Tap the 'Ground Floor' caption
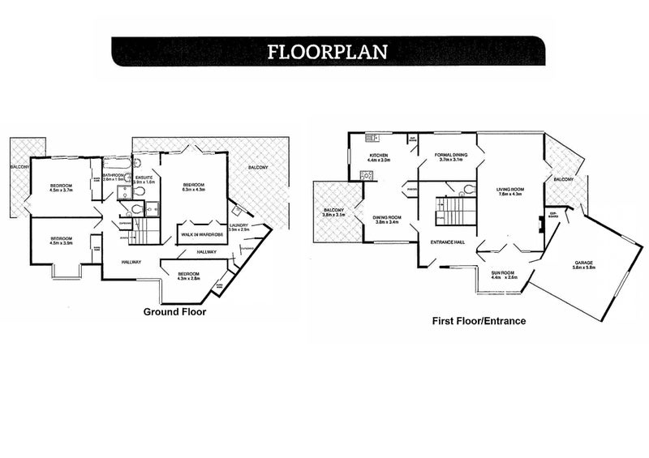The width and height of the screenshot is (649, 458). coord(174,311)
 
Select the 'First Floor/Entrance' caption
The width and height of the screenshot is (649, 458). coord(479,321)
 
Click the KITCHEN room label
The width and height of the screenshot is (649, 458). coord(379,155)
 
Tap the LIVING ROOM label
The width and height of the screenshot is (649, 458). coord(510,189)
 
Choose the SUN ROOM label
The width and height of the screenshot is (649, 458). coord(504,272)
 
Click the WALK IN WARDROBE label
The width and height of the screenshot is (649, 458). coord(201,235)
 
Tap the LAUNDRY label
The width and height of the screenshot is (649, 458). coord(239,225)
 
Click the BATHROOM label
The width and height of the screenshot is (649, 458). coord(114,174)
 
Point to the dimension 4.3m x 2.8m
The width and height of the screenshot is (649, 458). coord(188,279)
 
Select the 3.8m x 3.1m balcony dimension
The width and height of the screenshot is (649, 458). coord(333,216)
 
